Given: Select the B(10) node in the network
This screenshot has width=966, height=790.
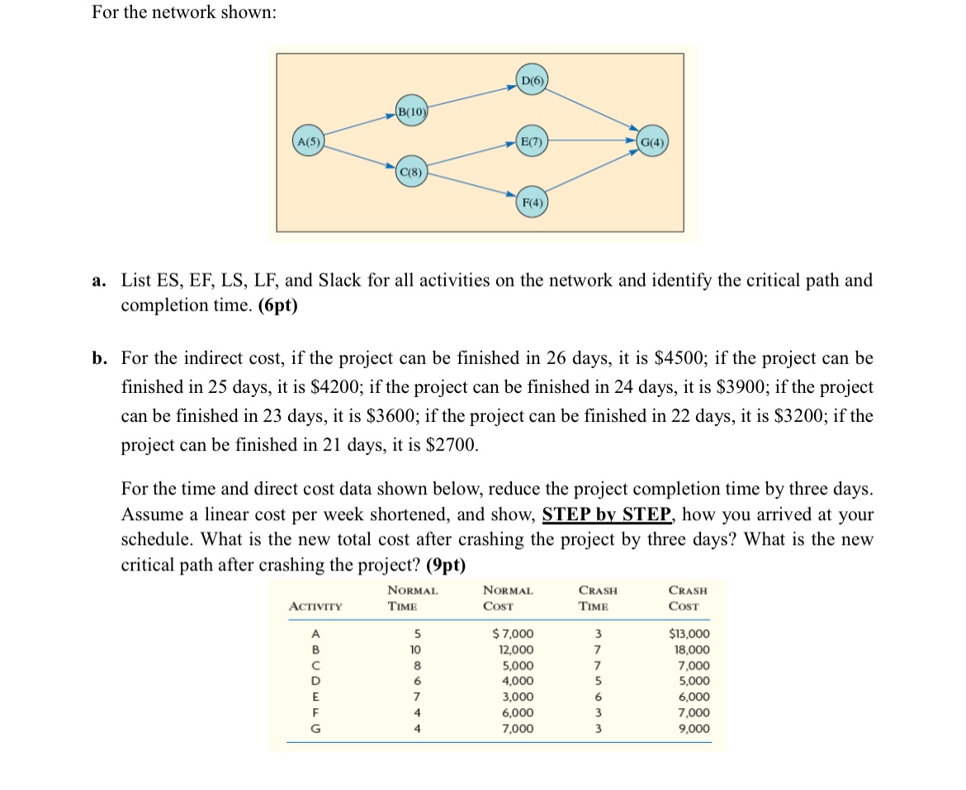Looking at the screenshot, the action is (x=411, y=111).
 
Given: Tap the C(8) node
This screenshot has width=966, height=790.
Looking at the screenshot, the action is (x=410, y=173).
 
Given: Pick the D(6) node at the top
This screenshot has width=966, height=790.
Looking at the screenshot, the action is (x=531, y=80).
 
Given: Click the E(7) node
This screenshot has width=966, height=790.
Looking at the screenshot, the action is (x=531, y=140).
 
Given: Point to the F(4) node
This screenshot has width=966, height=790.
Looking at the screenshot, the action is (x=531, y=203).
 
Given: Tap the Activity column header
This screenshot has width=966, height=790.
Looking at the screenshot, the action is (x=316, y=607).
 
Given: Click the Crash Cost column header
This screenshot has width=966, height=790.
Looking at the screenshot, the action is (x=688, y=598).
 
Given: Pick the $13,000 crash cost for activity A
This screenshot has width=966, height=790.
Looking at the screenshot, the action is (x=688, y=634).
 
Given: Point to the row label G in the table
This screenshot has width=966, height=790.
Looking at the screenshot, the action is (x=315, y=729).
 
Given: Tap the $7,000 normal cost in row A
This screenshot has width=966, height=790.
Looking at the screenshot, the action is (x=513, y=634).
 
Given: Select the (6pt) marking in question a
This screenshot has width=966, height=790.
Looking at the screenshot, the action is (x=278, y=305).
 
